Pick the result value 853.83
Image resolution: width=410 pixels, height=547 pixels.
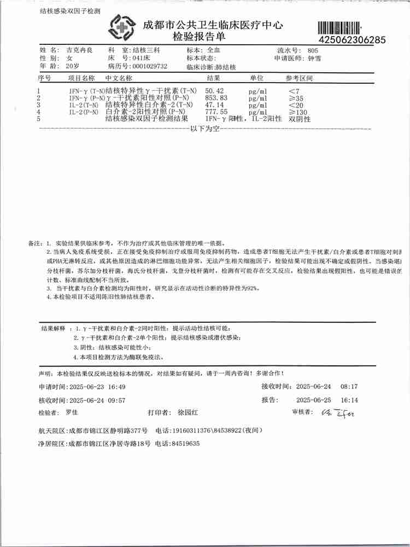pos(216,97)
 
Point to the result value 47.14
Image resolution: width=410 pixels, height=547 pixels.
pos(214,104)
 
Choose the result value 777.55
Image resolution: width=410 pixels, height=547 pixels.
pos(216,112)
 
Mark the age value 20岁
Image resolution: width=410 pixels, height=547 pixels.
pos(72,66)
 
